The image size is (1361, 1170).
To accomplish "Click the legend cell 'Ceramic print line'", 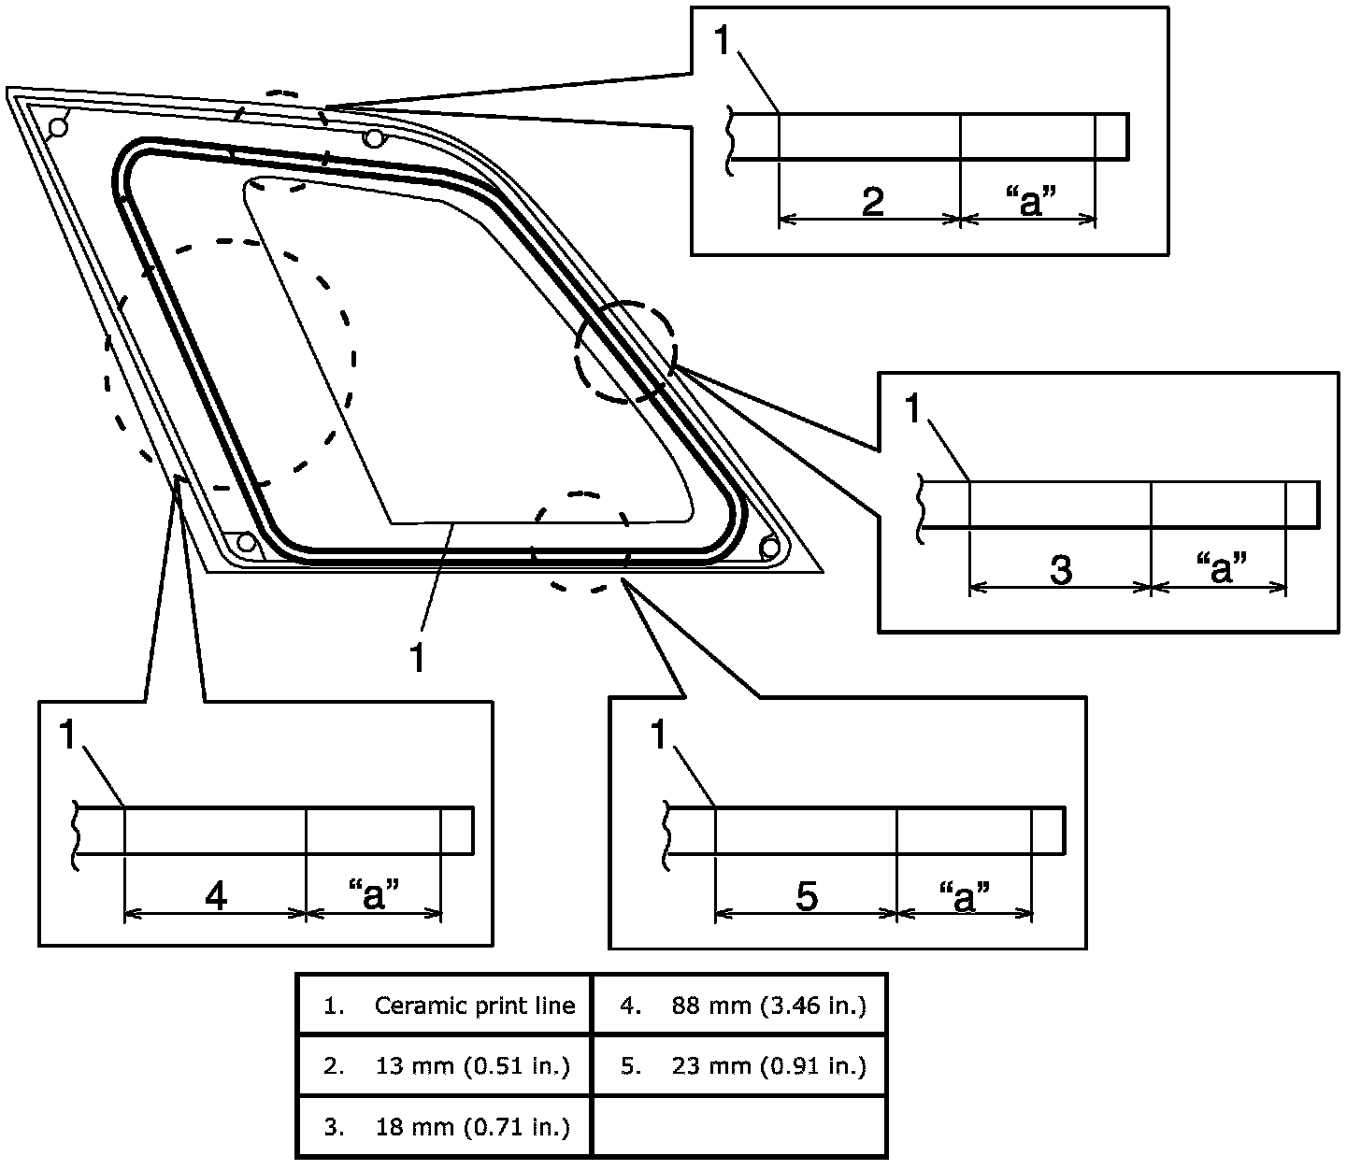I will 445,1006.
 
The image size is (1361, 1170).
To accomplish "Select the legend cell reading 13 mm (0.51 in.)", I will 445,1066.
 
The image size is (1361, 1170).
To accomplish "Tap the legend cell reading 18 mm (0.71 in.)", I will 445,1127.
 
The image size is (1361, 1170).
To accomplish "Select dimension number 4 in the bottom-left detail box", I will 216,896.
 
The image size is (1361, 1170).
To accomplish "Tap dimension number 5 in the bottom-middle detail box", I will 807,896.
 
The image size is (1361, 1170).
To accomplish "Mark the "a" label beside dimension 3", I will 1221,567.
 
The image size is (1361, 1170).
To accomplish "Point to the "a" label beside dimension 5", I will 964,895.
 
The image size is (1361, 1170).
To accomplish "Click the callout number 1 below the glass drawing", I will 417,657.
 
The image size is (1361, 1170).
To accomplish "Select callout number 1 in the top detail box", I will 723,42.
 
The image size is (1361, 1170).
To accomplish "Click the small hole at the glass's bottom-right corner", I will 770,546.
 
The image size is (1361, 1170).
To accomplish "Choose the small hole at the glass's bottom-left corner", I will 246,542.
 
